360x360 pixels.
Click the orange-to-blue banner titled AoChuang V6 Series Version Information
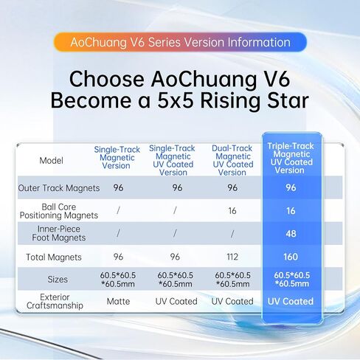pos(180,42)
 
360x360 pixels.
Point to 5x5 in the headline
pos(176,100)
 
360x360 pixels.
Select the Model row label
pos(52,161)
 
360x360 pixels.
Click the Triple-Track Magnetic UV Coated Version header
pos(291,158)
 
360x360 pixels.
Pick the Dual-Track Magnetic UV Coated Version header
pos(232,160)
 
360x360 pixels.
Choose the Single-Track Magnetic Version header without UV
pos(117,157)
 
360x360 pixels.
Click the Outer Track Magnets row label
pos(59,188)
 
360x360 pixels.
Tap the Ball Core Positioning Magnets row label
pos(59,211)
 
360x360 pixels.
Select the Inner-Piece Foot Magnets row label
pos(59,233)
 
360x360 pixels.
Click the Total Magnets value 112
pos(232,257)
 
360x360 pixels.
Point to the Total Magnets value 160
pos(291,257)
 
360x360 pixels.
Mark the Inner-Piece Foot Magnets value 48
pos(291,234)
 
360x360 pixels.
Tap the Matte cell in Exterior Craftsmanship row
pos(118,301)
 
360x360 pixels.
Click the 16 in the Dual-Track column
pos(232,211)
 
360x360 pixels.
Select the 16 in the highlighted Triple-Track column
pos(291,211)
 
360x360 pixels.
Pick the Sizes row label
pos(58,280)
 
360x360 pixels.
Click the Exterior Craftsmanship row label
pos(55,301)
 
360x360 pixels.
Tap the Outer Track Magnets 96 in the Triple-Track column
pos(291,187)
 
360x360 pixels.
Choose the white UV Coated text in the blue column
pos(291,301)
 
